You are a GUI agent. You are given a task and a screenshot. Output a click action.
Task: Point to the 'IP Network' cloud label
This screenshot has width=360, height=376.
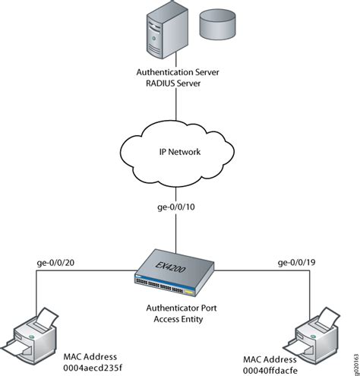click(179, 151)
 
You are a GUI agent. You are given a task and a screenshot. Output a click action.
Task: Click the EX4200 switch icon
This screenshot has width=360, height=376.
click(179, 274)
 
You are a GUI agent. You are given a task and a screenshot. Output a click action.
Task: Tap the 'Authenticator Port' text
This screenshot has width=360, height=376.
click(179, 309)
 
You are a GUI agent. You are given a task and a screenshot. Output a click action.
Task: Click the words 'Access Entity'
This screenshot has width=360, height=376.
click(179, 320)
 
